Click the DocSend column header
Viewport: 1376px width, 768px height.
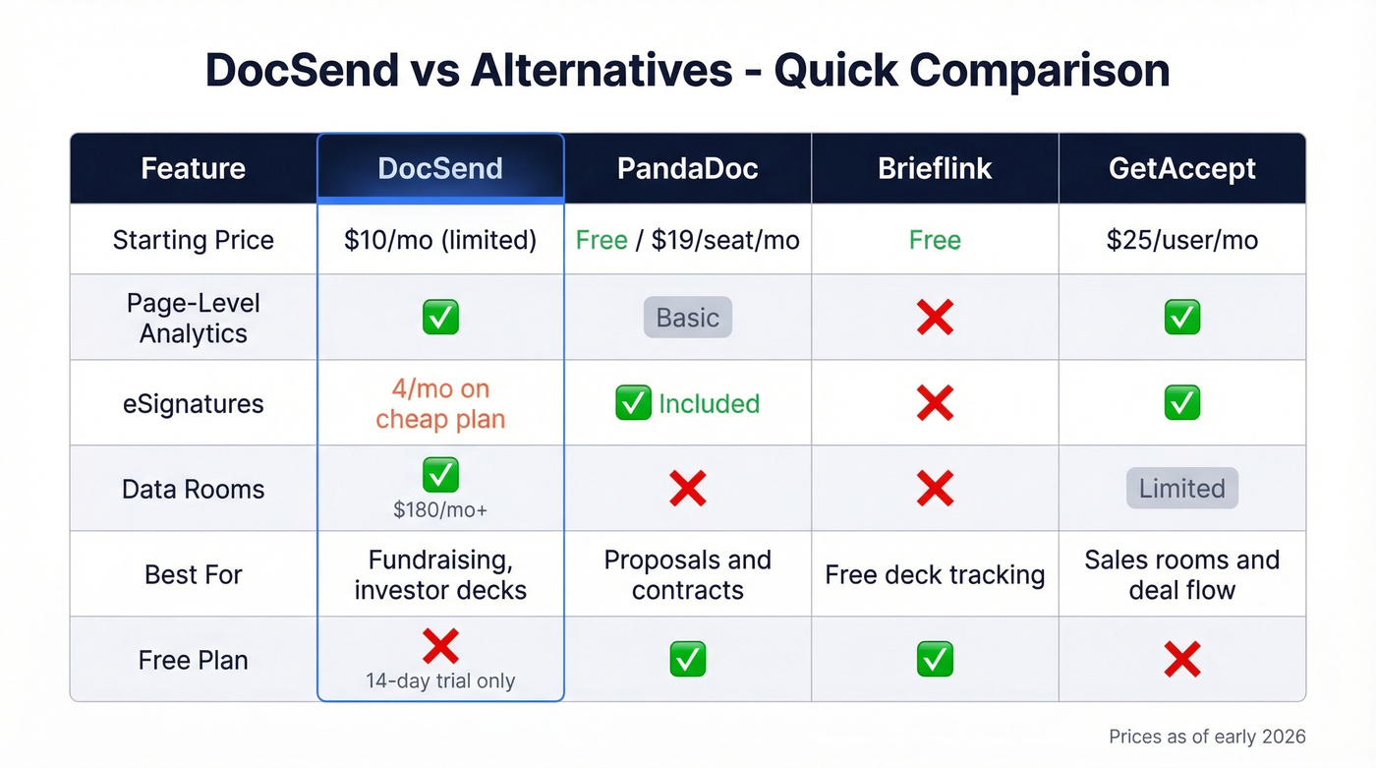point(440,168)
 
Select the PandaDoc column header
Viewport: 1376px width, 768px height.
point(687,168)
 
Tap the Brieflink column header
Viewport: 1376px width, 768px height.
point(935,168)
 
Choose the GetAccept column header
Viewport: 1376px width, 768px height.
point(1181,168)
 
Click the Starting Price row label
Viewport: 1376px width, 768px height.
point(194,240)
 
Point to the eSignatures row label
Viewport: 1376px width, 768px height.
point(194,404)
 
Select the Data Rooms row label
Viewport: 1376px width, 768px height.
point(194,489)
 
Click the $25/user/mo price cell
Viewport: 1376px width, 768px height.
point(1181,240)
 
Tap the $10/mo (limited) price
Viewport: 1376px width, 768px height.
point(440,240)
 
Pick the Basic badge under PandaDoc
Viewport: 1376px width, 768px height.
point(687,318)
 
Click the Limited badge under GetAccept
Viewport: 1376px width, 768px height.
point(1181,489)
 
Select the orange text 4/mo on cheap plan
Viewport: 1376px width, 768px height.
point(440,403)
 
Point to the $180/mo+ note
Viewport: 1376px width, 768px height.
point(440,509)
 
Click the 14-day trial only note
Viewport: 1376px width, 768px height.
point(440,680)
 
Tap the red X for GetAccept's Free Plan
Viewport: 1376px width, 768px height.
point(1181,660)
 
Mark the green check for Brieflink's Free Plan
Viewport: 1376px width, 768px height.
point(935,660)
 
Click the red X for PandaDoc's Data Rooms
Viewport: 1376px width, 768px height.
point(687,489)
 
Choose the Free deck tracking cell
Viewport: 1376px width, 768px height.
point(935,574)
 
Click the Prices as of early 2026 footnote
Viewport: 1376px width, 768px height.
point(1207,737)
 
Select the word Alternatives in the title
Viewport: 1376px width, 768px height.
point(601,71)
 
